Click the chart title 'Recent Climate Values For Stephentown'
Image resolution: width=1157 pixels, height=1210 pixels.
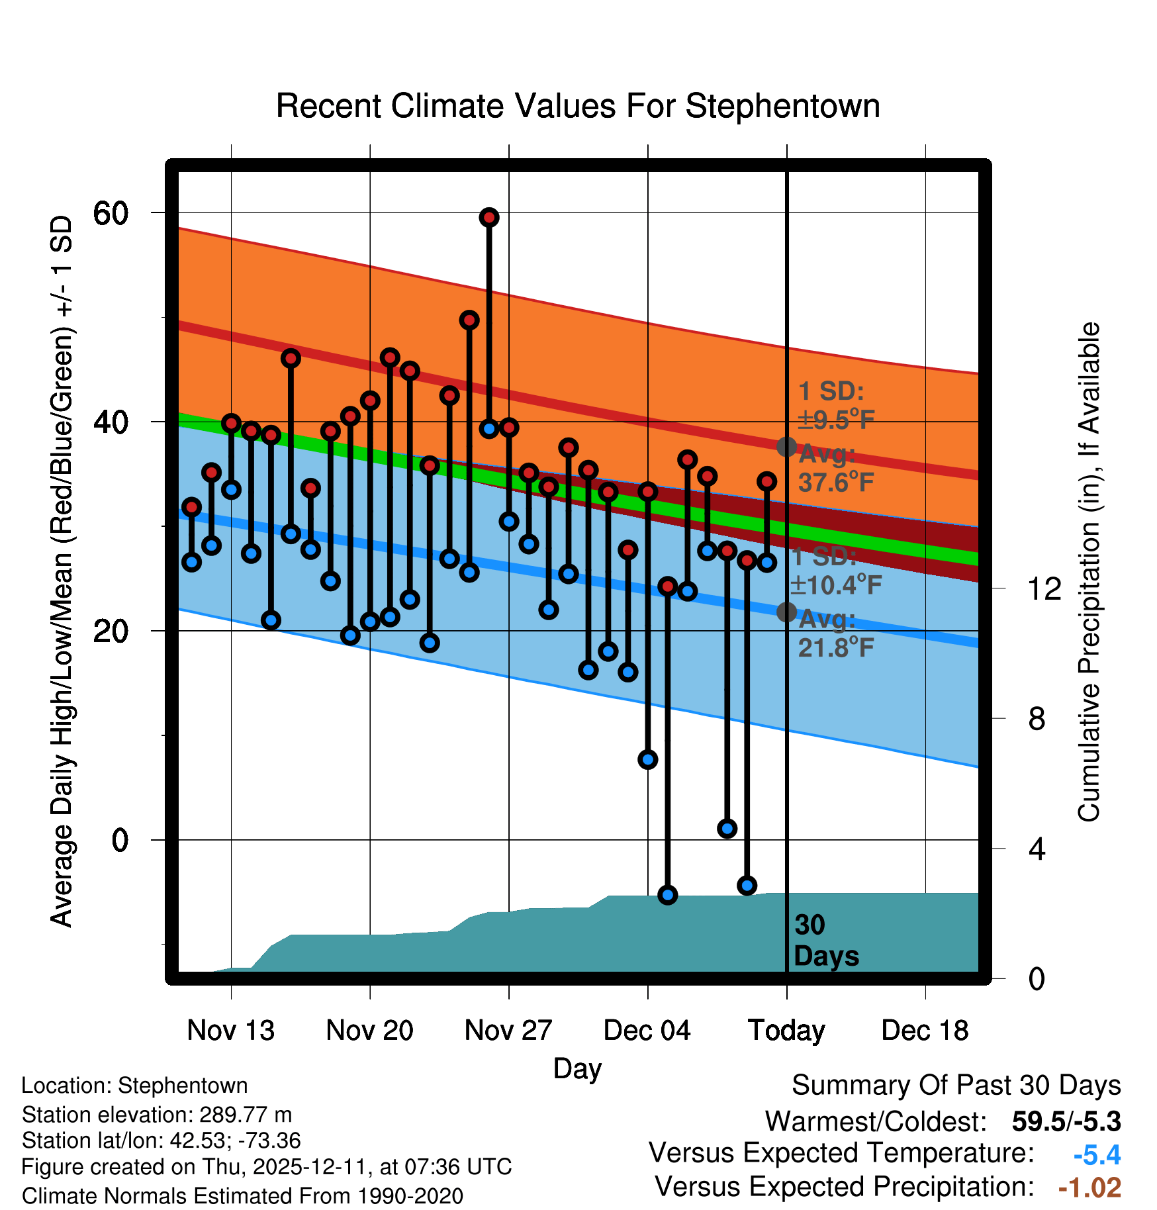coord(578,107)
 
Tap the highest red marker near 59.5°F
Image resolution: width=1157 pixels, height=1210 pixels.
coord(489,218)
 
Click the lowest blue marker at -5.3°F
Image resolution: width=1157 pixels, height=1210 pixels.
coord(667,895)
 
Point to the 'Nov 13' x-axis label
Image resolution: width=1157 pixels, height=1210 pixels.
coord(230,1030)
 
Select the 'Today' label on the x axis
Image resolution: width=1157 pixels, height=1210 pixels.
coord(786,1030)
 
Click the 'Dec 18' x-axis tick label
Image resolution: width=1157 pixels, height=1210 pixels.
coord(925,1030)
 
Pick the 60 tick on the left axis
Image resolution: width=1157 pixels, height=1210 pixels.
coord(111,213)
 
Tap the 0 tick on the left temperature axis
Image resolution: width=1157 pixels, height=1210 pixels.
coord(120,840)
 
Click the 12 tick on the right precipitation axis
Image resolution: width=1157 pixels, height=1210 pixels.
coord(1044,588)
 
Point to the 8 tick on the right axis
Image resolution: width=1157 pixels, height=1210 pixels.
coord(1037,718)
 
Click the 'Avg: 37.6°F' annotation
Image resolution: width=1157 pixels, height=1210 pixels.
coord(835,469)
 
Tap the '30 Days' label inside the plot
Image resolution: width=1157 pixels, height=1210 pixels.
coord(825,941)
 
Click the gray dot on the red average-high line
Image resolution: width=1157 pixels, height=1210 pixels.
coord(786,447)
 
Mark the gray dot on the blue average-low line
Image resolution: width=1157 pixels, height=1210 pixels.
coord(786,612)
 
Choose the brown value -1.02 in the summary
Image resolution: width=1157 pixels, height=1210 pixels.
coord(1089,1187)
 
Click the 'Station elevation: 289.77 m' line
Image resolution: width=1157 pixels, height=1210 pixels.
coord(157,1115)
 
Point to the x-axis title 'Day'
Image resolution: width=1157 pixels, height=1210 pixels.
coord(577,1068)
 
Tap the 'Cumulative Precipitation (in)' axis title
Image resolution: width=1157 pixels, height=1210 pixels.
coord(1089,573)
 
